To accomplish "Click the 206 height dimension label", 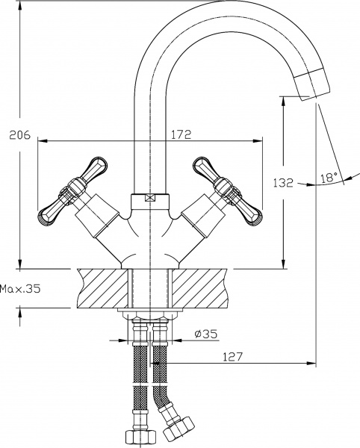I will (x=19, y=135).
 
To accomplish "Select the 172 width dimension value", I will (x=181, y=134).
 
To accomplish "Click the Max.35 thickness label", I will (x=20, y=288).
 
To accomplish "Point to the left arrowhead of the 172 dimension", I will (x=42, y=140).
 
